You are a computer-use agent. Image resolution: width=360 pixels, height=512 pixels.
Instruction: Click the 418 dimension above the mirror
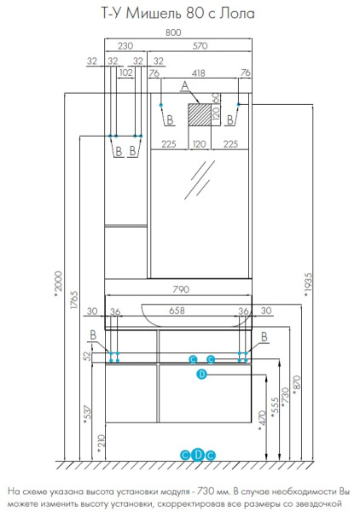coord(199,73)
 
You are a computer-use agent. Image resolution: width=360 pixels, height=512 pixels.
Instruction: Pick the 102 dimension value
coord(126,73)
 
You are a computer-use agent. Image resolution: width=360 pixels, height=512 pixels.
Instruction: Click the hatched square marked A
coord(198,114)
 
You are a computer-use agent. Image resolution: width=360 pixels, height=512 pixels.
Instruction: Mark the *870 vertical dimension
coord(297,389)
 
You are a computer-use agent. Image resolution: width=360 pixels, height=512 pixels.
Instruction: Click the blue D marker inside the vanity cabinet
coord(201,374)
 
